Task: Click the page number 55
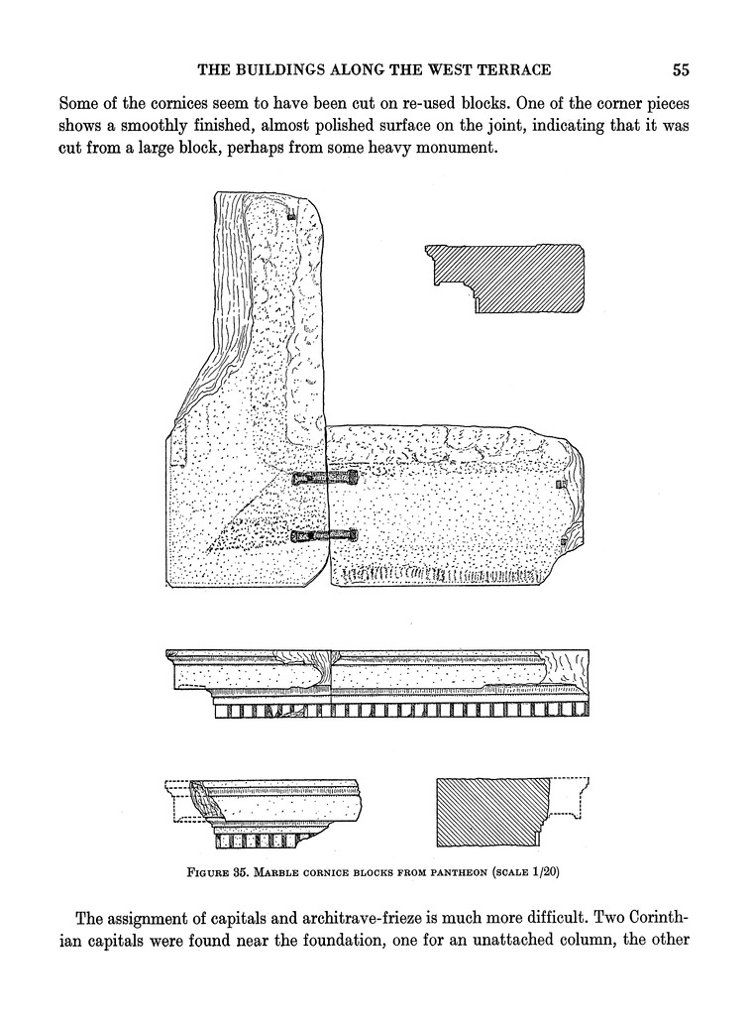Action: (x=680, y=69)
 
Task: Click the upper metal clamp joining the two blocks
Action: (x=326, y=479)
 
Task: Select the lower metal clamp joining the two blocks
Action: (x=325, y=536)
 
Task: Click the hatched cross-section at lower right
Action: (x=493, y=812)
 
